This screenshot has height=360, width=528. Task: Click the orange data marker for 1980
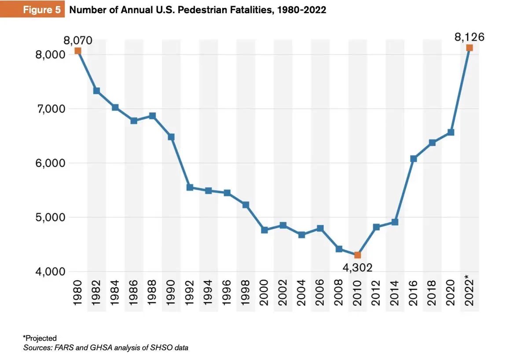pyautogui.click(x=78, y=51)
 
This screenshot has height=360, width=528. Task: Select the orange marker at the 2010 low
pyautogui.click(x=357, y=255)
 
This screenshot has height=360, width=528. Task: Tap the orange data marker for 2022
pyautogui.click(x=469, y=48)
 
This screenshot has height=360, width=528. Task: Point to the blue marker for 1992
pyautogui.click(x=190, y=187)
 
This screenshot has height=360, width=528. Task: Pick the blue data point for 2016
pyautogui.click(x=413, y=158)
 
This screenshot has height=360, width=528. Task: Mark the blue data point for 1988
pyautogui.click(x=152, y=116)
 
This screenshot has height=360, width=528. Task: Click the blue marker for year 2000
pyautogui.click(x=264, y=230)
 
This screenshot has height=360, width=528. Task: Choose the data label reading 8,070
pyautogui.click(x=78, y=40)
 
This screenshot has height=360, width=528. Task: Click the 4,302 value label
pyautogui.click(x=357, y=267)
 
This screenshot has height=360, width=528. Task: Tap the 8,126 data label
pyautogui.click(x=469, y=37)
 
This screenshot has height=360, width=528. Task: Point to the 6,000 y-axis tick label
pyautogui.click(x=50, y=163)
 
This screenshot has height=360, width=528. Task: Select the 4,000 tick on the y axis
pyautogui.click(x=50, y=272)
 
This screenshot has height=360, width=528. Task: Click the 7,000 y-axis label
pyautogui.click(x=50, y=109)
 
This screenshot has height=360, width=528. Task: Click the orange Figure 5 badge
pyautogui.click(x=42, y=10)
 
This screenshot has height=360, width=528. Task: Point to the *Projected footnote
pyautogui.click(x=40, y=338)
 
